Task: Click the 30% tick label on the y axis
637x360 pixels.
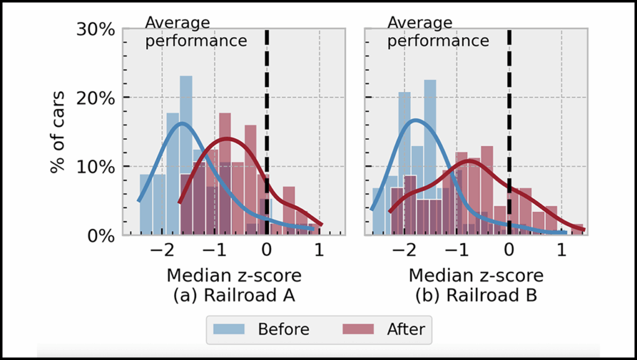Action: (95, 29)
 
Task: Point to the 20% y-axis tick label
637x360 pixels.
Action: (95, 98)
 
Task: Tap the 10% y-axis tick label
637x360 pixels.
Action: (95, 167)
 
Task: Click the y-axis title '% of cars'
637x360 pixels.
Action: (58, 132)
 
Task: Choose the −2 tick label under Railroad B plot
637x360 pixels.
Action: (403, 252)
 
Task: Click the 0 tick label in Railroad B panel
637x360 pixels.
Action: (509, 252)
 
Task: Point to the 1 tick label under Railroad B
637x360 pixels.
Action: (561, 252)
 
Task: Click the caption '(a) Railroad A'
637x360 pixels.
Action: (233, 297)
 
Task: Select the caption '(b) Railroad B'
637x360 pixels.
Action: (476, 297)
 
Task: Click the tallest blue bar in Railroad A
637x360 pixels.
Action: (186, 155)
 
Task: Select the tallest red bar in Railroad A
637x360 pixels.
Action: (225, 174)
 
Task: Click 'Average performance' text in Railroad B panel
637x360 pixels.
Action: (438, 32)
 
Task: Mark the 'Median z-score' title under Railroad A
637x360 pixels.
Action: (233, 275)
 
